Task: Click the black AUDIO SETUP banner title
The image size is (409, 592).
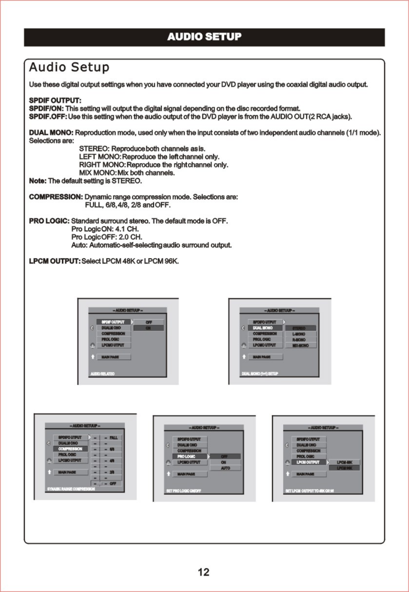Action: click(x=204, y=37)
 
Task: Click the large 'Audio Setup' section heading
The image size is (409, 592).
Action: click(x=69, y=67)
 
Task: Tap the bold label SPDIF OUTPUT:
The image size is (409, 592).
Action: click(x=55, y=101)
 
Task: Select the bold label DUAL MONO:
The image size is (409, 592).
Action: click(x=51, y=132)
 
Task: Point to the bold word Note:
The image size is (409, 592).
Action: click(x=37, y=181)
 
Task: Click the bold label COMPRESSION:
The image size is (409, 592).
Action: click(x=56, y=197)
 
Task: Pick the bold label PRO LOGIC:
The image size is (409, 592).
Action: click(x=49, y=221)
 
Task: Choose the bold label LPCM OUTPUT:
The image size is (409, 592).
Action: click(x=54, y=261)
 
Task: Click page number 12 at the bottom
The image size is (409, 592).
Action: click(x=204, y=572)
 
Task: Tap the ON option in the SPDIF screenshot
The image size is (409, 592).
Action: click(x=148, y=328)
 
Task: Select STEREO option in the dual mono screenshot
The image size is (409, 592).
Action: click(x=299, y=328)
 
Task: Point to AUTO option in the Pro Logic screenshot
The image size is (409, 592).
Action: click(x=225, y=468)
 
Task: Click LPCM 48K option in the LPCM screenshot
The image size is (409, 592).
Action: click(x=344, y=462)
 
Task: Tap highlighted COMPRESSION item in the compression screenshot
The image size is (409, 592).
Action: click(x=70, y=449)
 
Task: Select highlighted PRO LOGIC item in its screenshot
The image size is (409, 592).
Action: click(x=189, y=457)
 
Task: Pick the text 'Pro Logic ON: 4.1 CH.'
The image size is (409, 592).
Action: click(x=105, y=229)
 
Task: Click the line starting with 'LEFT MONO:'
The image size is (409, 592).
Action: click(x=149, y=157)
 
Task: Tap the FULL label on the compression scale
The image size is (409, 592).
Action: click(x=114, y=438)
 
